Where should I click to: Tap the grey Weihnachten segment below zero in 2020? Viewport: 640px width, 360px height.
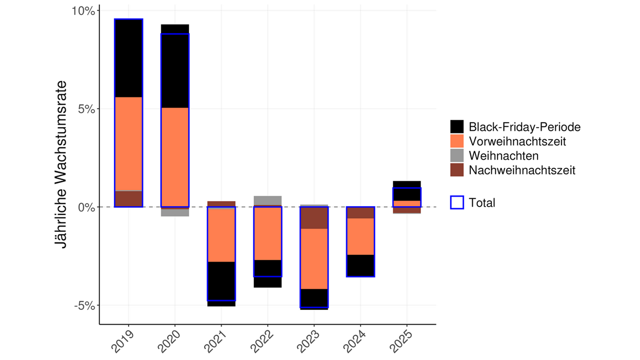[x=175, y=212]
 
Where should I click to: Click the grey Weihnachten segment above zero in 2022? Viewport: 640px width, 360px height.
[x=267, y=201]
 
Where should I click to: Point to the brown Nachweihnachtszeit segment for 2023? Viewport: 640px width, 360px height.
[x=314, y=218]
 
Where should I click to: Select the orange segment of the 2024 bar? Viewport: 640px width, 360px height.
[x=360, y=236]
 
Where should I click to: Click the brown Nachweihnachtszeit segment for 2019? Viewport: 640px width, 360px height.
[x=128, y=199]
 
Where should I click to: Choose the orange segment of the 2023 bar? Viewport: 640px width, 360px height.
[x=314, y=258]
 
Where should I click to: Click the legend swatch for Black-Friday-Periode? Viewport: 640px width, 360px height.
[x=456, y=127]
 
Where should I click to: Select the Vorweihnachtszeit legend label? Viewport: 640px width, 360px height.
[x=517, y=141]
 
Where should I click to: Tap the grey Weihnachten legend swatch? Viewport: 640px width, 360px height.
[x=456, y=155]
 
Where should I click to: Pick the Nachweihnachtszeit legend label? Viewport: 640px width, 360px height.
[x=522, y=170]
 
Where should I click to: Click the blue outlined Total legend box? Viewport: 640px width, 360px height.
[x=456, y=203]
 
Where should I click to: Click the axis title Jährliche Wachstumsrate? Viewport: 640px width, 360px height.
[x=62, y=164]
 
